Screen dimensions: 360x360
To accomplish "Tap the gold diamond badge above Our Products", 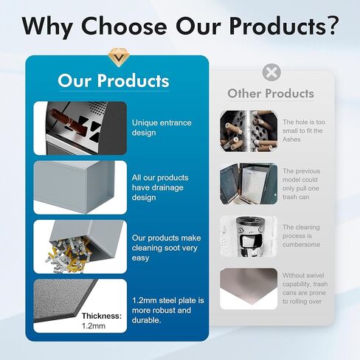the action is (x=119, y=58).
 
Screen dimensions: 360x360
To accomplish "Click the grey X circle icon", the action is (x=271, y=72).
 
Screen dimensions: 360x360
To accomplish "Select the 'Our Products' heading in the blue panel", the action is (x=114, y=80).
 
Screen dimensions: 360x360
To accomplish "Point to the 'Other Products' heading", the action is (x=271, y=94).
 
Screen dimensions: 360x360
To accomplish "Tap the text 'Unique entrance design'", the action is (x=162, y=128).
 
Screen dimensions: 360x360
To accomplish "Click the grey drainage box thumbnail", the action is (x=80, y=187).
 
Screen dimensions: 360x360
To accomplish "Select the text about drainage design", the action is (x=160, y=187).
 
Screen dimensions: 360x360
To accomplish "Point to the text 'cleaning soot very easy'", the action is (x=165, y=252).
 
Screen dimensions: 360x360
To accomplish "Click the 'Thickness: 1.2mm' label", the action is (x=102, y=321).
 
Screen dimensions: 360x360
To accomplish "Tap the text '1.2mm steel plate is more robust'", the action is (x=168, y=305).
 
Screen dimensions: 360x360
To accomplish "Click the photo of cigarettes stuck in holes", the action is (x=249, y=131).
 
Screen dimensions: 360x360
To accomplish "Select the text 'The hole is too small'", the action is (x=304, y=126).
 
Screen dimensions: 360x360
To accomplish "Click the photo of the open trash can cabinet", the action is (x=249, y=184).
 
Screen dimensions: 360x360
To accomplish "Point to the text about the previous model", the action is (x=301, y=184).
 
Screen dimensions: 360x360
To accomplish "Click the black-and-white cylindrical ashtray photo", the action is (x=249, y=237).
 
